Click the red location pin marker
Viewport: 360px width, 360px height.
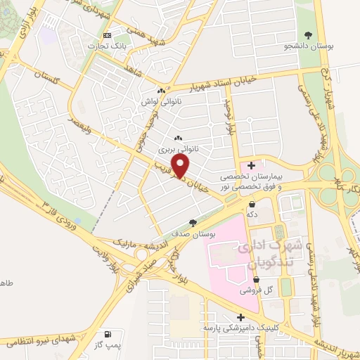coord(181,167)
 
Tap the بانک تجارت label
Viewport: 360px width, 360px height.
coord(105,46)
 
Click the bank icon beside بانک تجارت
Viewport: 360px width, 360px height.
coord(107,35)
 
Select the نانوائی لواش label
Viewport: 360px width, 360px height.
coord(161,103)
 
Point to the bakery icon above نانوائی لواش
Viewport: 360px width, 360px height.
coord(161,91)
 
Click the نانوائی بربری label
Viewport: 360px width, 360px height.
coord(174,150)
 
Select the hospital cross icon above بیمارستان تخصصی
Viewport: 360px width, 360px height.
coord(252,165)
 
